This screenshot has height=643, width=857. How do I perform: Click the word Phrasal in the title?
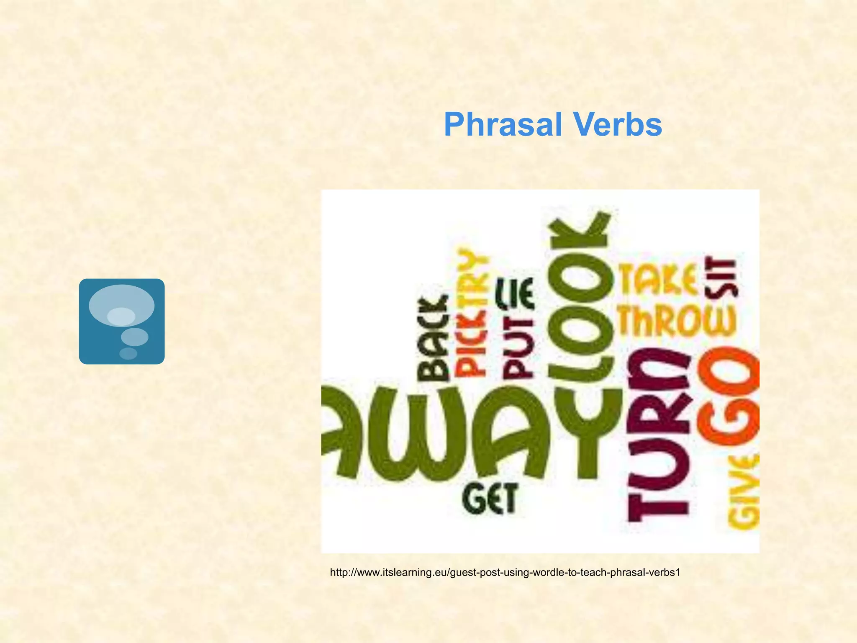point(503,125)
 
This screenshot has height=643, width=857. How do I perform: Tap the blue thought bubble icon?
point(121,321)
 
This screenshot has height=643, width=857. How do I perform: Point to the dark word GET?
point(490,498)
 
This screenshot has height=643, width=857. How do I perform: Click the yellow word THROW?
point(677,321)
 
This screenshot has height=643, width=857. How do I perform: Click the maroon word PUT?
point(518,350)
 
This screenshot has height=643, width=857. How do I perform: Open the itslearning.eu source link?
point(505,572)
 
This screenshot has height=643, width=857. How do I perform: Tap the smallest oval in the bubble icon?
point(128,354)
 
